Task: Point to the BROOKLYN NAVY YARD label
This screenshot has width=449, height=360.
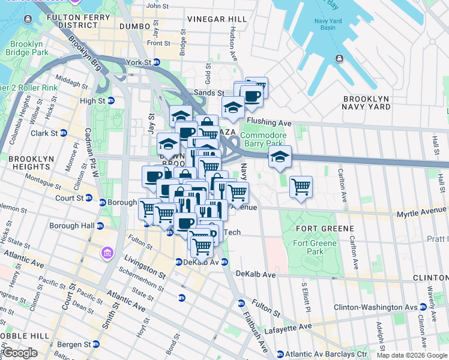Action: (x=366, y=103)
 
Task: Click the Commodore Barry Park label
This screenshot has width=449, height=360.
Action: (x=261, y=139)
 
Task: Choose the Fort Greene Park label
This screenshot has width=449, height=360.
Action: (x=309, y=247)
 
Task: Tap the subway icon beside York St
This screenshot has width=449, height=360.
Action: (x=156, y=62)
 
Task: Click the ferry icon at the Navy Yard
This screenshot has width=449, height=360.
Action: (x=339, y=58)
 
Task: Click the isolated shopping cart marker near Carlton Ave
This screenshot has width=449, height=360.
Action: (x=301, y=187)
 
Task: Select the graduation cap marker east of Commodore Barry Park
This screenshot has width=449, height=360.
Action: (x=279, y=157)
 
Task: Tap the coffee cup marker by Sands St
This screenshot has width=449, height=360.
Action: (x=252, y=96)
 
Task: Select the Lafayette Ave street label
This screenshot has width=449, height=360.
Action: (x=294, y=326)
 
